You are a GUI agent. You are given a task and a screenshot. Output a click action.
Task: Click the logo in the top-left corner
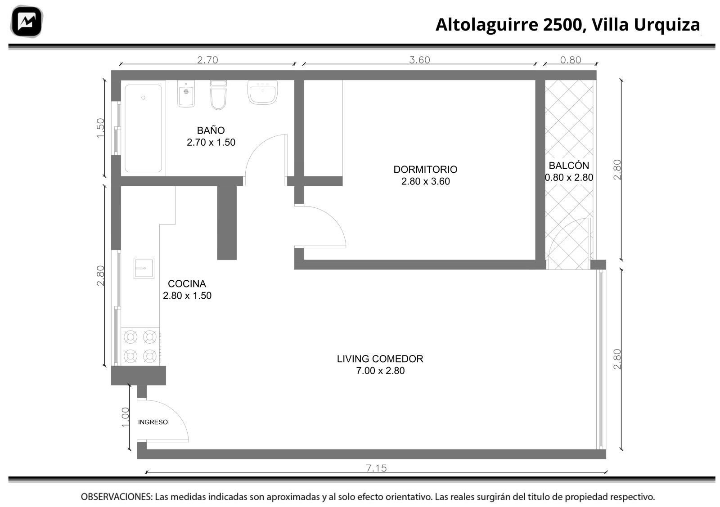(x=27, y=22)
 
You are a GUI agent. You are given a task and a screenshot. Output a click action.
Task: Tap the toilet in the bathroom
(x=219, y=95)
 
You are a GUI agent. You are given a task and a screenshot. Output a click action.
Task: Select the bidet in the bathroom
(x=186, y=94)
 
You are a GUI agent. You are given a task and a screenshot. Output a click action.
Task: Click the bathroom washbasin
(x=263, y=93)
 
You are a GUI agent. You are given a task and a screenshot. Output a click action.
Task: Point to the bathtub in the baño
(x=144, y=129)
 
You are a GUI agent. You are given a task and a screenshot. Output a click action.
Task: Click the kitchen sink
(x=144, y=268)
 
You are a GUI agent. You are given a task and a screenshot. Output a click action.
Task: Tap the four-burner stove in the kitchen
(x=140, y=346)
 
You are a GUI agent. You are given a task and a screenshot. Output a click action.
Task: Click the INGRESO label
(x=153, y=422)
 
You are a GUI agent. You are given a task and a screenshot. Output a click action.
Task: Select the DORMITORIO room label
(x=425, y=169)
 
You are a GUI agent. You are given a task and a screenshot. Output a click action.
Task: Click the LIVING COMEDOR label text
(x=380, y=359)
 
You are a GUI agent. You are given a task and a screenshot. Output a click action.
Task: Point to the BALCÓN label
(x=569, y=166)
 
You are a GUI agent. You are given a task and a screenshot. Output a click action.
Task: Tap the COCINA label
(x=187, y=284)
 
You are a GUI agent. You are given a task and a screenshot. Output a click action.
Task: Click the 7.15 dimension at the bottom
(x=376, y=468)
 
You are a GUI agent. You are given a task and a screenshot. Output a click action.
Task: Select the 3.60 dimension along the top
(x=419, y=60)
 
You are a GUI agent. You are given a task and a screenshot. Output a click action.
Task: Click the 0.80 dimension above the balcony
(x=571, y=60)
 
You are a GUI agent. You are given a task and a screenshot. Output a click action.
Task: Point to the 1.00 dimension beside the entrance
(x=125, y=417)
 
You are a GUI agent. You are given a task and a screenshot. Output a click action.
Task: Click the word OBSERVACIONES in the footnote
(x=117, y=497)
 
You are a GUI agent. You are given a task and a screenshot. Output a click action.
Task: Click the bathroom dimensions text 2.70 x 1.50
(x=211, y=142)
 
